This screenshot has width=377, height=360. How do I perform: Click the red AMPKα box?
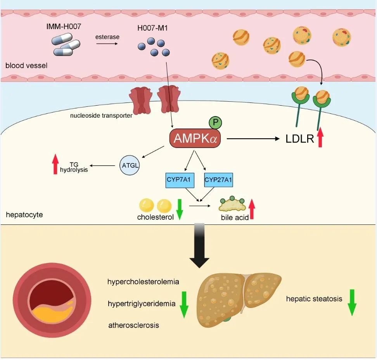[195, 139]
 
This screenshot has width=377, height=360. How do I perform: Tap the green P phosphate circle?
[215, 122]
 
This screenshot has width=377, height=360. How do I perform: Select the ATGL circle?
[130, 165]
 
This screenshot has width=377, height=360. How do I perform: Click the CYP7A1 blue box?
[180, 180]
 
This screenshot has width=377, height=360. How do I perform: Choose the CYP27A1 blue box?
[218, 180]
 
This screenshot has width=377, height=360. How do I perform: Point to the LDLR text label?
[300, 139]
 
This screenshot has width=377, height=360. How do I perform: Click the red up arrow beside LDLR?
[320, 137]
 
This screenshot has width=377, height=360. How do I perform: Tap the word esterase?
[107, 37]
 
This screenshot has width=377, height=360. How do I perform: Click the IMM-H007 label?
[64, 26]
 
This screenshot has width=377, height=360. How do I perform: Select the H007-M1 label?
[152, 28]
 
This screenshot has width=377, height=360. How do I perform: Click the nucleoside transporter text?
[101, 116]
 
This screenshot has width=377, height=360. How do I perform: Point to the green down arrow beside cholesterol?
[180, 209]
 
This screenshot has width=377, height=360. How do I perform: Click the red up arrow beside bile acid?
[252, 209]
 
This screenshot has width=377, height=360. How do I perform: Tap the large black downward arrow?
[199, 245]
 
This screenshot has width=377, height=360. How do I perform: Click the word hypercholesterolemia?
[143, 282]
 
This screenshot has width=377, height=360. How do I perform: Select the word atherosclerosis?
[134, 325]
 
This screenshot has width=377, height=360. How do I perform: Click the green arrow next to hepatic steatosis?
[352, 303]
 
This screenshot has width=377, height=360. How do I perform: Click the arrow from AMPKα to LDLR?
[253, 139]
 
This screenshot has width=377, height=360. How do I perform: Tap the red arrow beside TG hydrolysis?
[55, 164]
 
